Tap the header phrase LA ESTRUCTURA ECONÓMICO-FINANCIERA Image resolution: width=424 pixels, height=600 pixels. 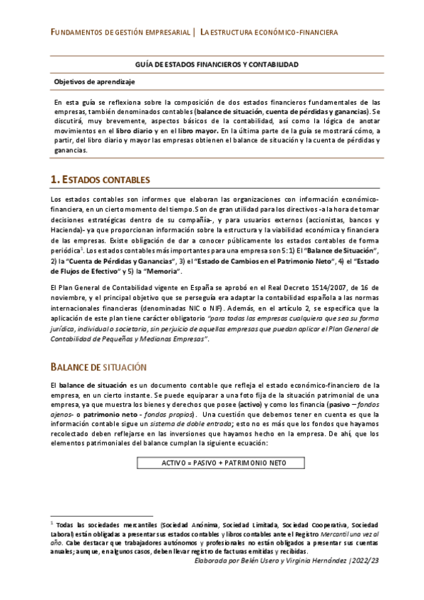[269, 33]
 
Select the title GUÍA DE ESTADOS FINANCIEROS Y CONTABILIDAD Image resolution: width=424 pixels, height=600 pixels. [216, 64]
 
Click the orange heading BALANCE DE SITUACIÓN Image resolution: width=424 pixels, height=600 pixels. [98, 367]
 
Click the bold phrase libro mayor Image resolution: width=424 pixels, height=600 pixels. [196, 131]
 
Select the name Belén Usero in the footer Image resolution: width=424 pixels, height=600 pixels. [265, 560]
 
